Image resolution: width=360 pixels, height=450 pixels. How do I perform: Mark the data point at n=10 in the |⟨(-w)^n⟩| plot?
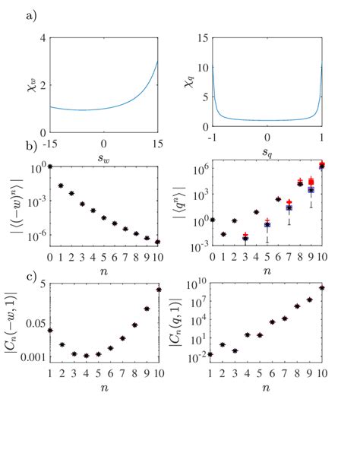[157, 242]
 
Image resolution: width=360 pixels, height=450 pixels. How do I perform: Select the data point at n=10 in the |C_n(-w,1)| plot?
[158, 289]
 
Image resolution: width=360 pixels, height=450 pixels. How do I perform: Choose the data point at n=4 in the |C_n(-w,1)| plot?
[87, 355]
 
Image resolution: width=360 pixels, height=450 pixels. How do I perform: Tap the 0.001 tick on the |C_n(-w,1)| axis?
[33, 357]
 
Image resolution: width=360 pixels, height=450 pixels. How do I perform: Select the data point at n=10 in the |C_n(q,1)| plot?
[322, 287]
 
